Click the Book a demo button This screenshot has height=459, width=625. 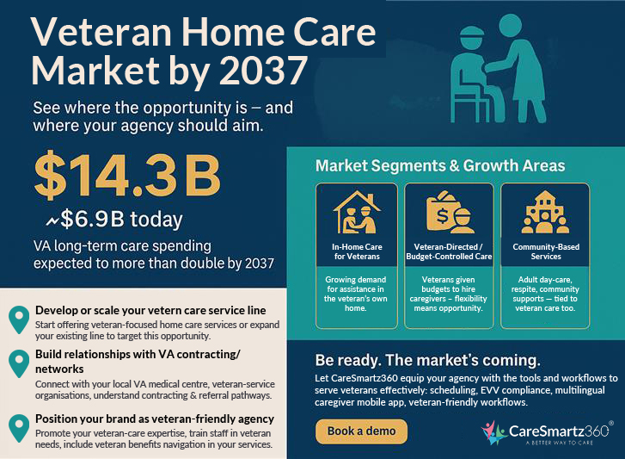click(361, 431)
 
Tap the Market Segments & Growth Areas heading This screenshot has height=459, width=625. click(440, 164)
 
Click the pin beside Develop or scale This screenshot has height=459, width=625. click(17, 319)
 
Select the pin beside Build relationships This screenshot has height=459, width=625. click(17, 363)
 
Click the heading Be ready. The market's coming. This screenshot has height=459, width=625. click(427, 357)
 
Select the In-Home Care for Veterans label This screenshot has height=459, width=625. click(357, 251)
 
